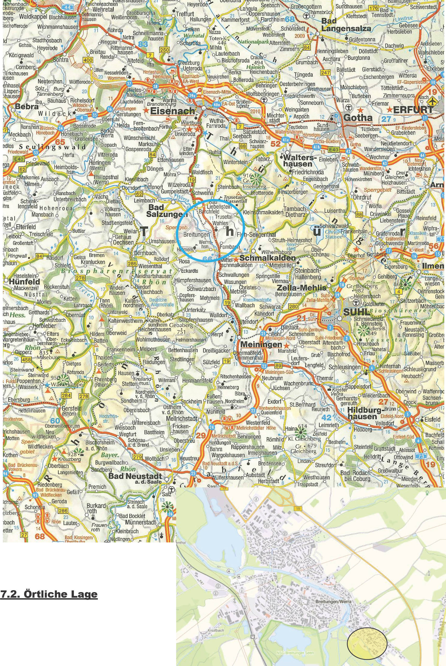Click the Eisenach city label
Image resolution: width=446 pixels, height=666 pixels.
(x=172, y=111)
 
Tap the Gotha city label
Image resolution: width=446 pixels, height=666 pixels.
(x=358, y=118)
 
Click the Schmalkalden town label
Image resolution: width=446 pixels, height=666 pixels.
(x=268, y=258)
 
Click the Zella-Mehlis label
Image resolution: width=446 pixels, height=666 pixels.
(x=301, y=288)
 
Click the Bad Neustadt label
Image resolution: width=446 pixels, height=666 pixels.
(x=135, y=476)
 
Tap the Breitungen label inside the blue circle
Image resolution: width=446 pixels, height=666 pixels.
(x=196, y=234)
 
